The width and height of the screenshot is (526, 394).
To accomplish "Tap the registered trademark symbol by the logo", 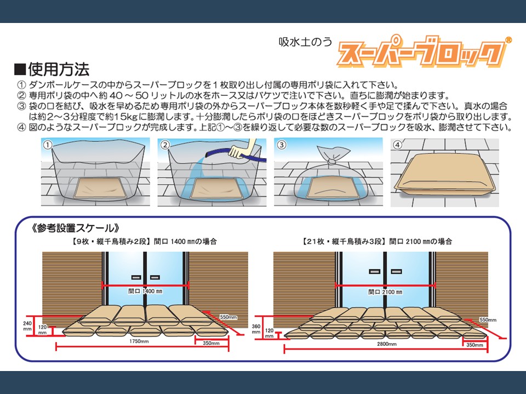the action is coord(508,40).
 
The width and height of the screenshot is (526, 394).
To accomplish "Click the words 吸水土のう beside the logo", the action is coord(305,42).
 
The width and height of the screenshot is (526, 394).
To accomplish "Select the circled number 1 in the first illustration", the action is coord(48,145).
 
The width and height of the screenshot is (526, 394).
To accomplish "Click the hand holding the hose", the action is coord(239,150).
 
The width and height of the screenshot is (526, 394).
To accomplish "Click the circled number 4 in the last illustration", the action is coord(398,144).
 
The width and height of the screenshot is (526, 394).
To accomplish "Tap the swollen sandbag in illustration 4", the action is coord(445,176).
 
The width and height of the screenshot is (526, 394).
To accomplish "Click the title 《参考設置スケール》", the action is coord(76,228).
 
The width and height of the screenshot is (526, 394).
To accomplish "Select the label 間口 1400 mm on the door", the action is coord(145,291).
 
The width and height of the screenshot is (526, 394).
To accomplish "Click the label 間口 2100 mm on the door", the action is coord(385,292).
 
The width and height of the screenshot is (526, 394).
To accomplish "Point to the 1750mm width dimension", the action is coord(139,341).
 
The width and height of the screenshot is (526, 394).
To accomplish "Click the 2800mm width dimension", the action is coord(387,344).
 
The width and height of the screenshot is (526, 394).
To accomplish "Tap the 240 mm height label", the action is coord(27,326).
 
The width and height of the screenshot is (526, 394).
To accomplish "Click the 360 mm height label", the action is coord(256,329).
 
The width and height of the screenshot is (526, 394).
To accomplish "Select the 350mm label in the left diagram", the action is coord(211,343).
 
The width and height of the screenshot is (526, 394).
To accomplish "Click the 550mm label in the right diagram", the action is coord(488,320).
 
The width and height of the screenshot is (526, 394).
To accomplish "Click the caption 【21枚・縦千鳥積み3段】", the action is coord(342,241).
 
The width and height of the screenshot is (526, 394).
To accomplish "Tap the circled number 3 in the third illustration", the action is coord(282,144).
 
